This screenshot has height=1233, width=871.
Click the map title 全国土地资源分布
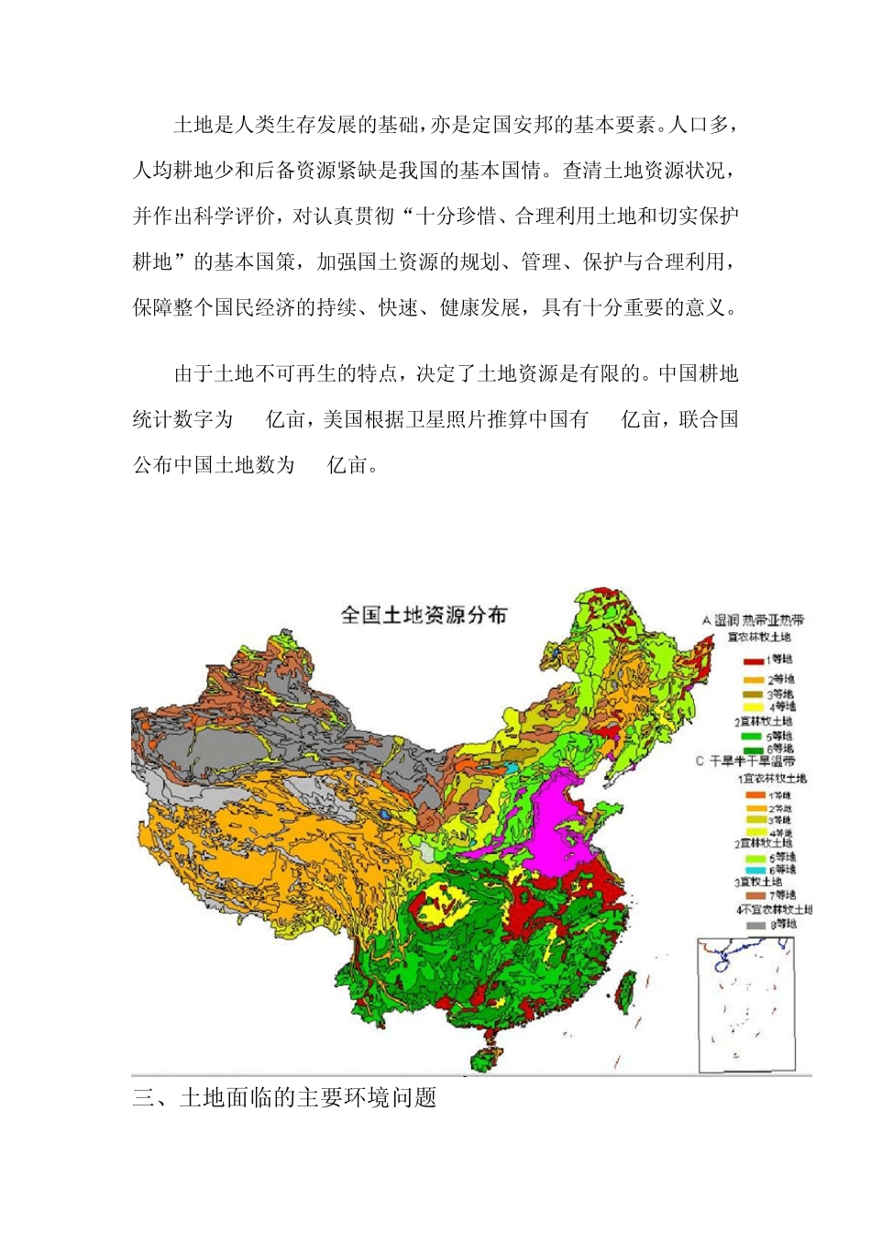(x=424, y=615)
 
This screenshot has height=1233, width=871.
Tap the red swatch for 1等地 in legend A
(x=754, y=660)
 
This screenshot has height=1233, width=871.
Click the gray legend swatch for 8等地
(x=755, y=925)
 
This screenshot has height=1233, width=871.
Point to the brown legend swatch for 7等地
(x=755, y=894)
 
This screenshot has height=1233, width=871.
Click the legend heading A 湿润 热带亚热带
(x=752, y=621)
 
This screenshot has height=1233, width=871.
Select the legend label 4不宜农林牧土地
(x=774, y=910)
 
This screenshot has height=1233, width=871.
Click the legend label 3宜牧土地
(x=757, y=882)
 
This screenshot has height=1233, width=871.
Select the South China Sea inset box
(x=745, y=1005)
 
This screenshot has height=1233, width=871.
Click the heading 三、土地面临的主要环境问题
(x=284, y=1097)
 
